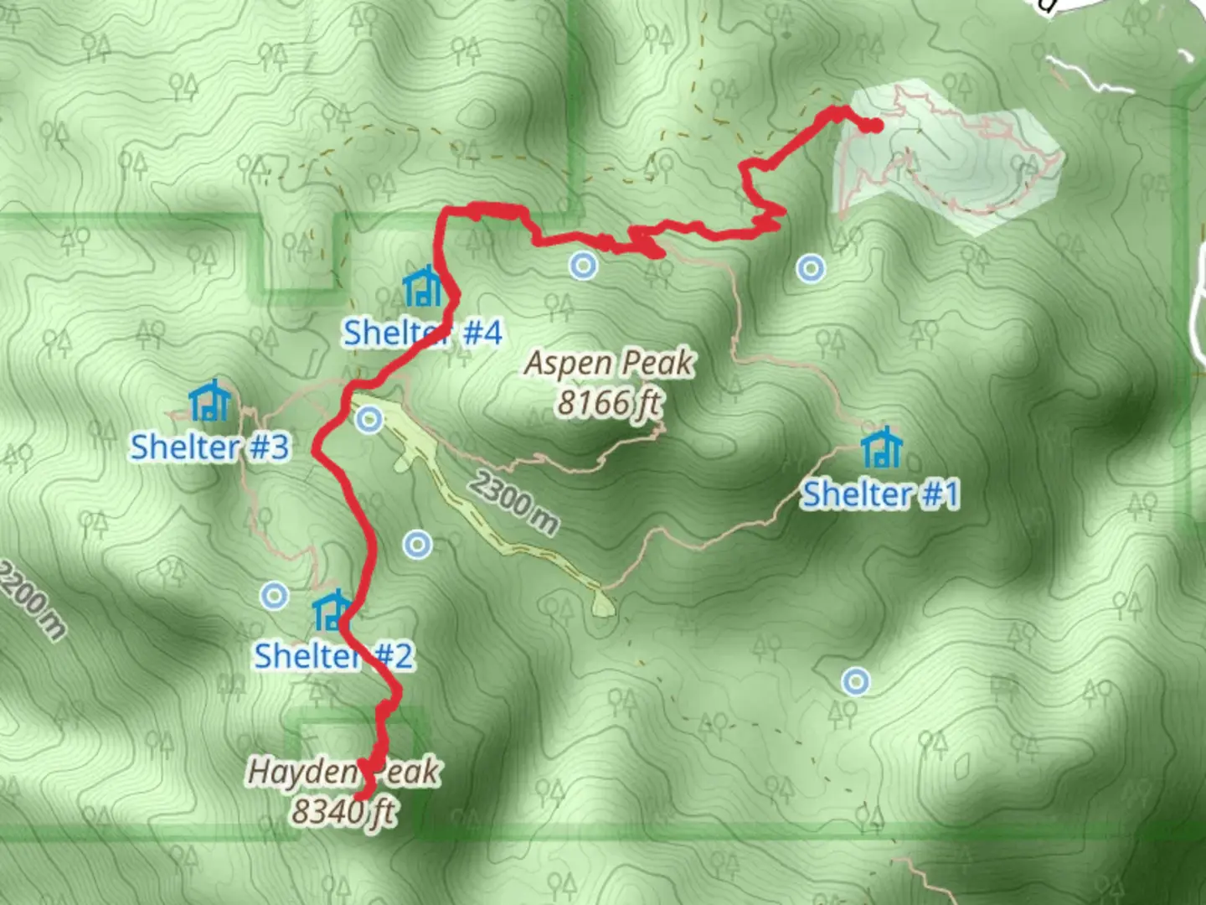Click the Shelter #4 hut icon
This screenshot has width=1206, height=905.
coord(423,287)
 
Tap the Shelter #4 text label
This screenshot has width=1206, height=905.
coord(423,333)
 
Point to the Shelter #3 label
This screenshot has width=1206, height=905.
coord(210,447)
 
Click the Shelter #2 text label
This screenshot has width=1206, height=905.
coord(334,655)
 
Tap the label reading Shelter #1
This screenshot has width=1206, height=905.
coord(880,494)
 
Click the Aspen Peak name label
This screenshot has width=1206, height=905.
coord(610,364)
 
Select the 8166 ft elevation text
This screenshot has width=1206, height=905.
coord(610,403)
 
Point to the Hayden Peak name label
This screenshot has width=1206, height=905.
coord(343,772)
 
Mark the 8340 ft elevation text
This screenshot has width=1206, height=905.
coord(343,810)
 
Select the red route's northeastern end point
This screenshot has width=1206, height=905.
coord(874,126)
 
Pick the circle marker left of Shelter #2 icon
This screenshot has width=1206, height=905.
coord(274,596)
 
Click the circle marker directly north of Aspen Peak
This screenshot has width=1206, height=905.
coord(583,266)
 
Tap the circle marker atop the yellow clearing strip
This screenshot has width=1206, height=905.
coord(369,420)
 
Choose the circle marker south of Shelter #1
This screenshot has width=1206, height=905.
coord(855,681)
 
